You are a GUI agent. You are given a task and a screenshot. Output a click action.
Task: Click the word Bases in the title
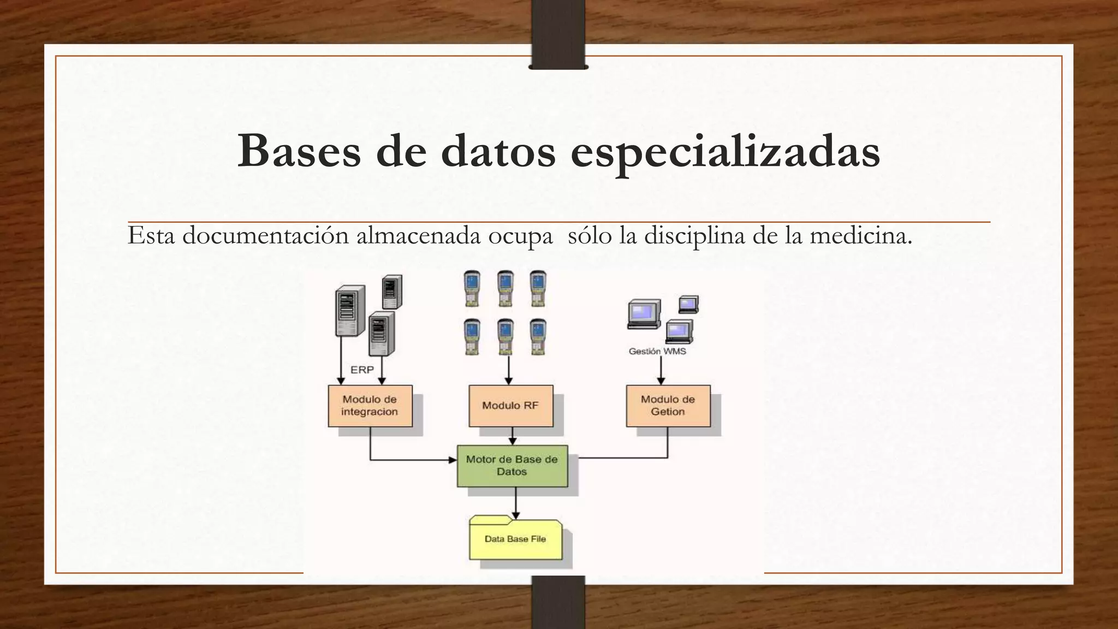(299, 151)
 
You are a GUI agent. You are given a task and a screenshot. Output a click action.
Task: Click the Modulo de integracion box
(370, 406)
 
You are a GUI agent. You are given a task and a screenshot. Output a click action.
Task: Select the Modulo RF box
(510, 406)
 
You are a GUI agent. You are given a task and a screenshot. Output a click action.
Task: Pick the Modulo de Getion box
(668, 406)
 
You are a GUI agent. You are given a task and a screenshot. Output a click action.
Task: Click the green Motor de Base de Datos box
(512, 466)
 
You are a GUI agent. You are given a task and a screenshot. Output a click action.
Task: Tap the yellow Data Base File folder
(515, 539)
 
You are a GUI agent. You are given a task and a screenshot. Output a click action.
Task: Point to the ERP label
(362, 370)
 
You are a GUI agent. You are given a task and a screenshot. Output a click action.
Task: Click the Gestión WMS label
(657, 351)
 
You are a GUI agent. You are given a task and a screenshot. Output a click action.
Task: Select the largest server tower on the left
(349, 310)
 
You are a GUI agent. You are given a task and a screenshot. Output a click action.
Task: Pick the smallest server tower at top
(391, 292)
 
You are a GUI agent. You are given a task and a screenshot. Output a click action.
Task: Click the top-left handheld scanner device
(472, 288)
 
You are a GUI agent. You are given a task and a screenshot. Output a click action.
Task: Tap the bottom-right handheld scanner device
(538, 337)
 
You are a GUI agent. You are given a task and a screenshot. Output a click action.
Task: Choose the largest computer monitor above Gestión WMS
(644, 314)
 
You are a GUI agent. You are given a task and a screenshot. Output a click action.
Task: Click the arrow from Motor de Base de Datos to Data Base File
(515, 503)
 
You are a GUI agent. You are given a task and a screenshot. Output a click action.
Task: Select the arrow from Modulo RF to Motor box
(512, 436)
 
